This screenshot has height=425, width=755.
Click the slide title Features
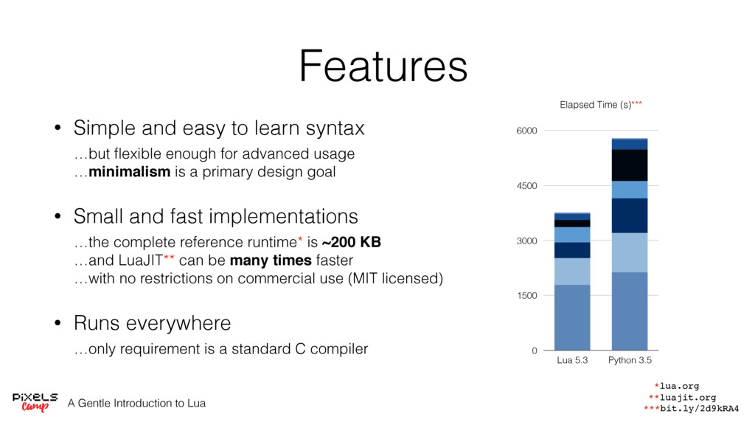point(383,66)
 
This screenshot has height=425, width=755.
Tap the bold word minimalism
point(130,171)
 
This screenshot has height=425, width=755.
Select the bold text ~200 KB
point(352,242)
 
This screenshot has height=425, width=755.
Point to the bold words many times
point(271,260)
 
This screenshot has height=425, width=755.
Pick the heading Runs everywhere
point(152,323)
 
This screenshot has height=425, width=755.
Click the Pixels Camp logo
point(35,402)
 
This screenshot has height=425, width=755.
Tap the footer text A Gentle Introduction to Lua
point(136,404)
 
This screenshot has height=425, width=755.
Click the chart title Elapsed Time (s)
point(595,105)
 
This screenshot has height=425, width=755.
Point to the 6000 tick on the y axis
point(526,131)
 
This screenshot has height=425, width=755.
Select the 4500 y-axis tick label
point(526,186)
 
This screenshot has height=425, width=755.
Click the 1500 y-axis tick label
point(526,296)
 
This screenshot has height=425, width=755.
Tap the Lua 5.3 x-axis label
point(572,360)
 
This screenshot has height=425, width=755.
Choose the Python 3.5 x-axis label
point(630,360)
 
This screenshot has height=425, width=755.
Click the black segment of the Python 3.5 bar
point(630,165)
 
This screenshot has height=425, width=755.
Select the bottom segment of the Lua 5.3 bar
point(572,317)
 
